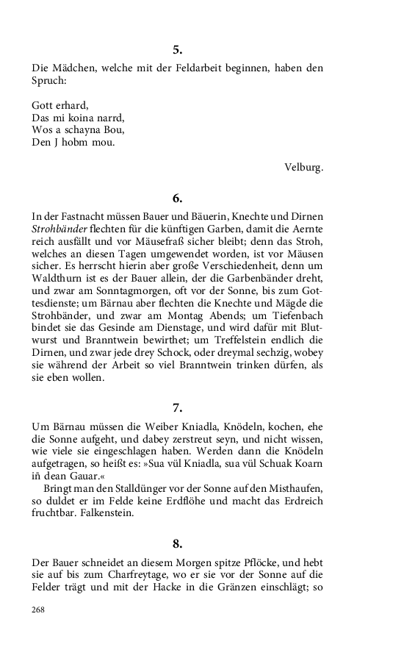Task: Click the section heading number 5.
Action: pyautogui.click(x=177, y=50)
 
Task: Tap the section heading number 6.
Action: pyautogui.click(x=177, y=198)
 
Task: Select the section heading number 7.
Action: pyautogui.click(x=177, y=409)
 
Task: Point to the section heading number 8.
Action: pyautogui.click(x=177, y=544)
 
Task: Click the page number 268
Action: pyautogui.click(x=39, y=610)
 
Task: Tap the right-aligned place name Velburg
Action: pyautogui.click(x=303, y=166)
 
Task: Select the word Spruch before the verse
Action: pyautogui.click(x=48, y=82)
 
